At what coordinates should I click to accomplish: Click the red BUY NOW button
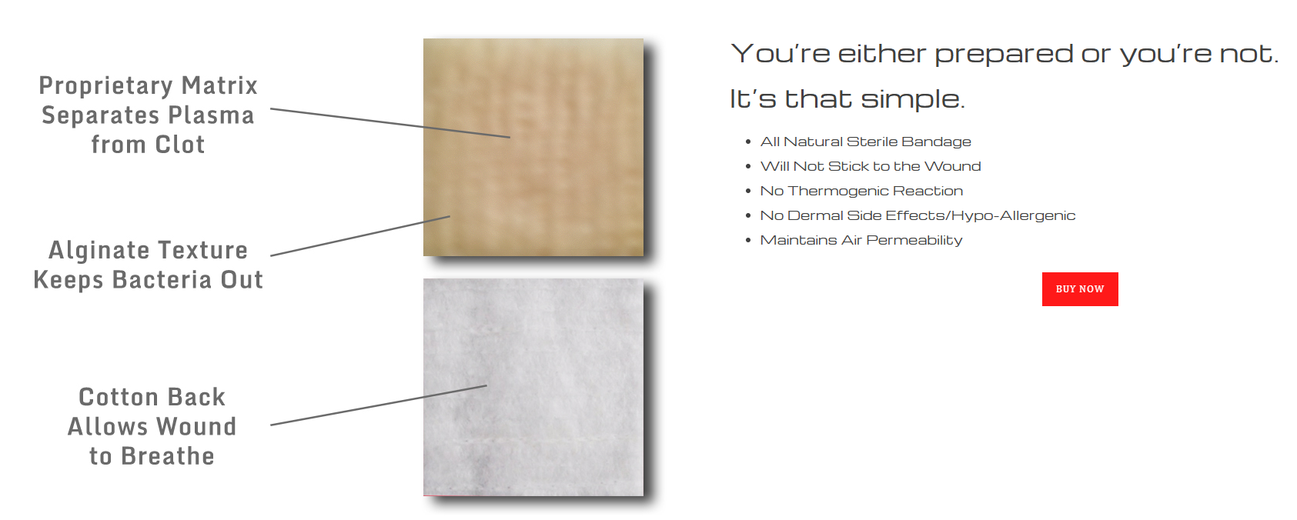click(1080, 288)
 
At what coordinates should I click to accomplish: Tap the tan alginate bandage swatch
click(533, 147)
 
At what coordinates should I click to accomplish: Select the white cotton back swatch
click(533, 387)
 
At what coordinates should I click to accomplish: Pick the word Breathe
click(168, 456)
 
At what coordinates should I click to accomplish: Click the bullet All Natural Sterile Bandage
click(866, 142)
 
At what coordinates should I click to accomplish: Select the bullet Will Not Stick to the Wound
click(871, 167)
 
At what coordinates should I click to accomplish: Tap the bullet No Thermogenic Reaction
click(861, 191)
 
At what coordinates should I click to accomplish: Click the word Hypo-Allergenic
click(1013, 215)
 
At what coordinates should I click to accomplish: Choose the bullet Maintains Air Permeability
click(861, 240)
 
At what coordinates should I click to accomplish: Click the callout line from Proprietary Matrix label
click(390, 123)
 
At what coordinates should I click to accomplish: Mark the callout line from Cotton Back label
click(379, 405)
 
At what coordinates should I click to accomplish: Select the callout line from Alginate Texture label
click(360, 236)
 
